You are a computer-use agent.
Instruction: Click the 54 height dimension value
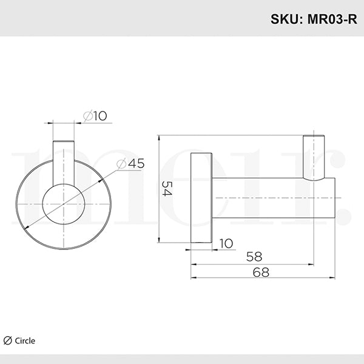tap(167, 190)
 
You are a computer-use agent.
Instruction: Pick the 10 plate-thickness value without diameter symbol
tap(226, 243)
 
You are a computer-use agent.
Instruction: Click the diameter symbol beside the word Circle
tap(8, 340)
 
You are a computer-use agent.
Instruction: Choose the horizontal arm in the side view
tap(273, 198)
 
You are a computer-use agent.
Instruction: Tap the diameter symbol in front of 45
tap(120, 163)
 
